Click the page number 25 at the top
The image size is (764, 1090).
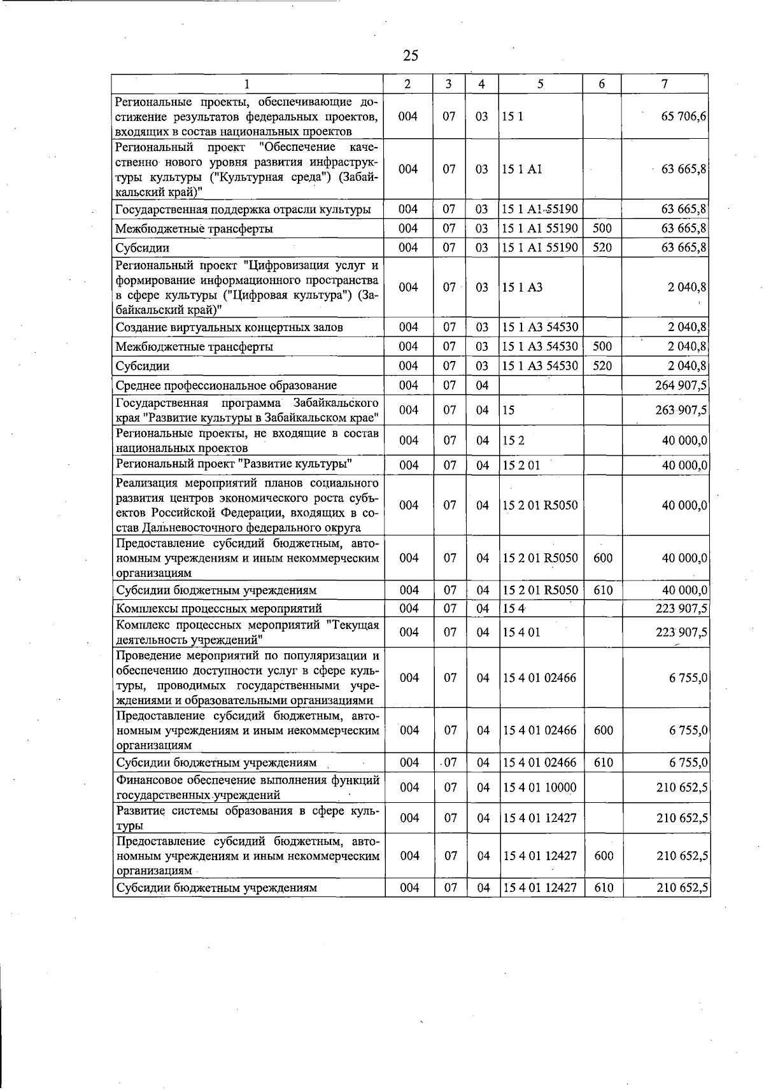[x=411, y=55]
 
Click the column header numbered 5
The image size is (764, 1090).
[x=540, y=84]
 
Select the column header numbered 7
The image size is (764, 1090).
[x=664, y=84]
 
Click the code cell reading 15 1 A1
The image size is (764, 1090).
[x=522, y=169]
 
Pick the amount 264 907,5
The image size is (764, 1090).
[x=681, y=385]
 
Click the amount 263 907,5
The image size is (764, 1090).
[x=681, y=410]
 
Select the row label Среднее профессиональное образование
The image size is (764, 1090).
[x=227, y=385]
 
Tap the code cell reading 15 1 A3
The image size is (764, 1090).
[x=522, y=287]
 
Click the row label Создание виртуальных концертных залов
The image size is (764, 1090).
[x=229, y=327]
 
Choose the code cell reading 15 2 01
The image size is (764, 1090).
[x=521, y=465]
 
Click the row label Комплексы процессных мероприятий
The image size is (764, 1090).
[x=219, y=608]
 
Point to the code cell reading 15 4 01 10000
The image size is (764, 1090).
[x=539, y=788]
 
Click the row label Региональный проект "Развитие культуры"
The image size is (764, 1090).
[x=234, y=464]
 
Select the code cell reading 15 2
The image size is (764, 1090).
[x=513, y=441]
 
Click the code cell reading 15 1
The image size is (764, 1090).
[x=513, y=117]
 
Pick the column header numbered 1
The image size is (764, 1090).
[x=247, y=84]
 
